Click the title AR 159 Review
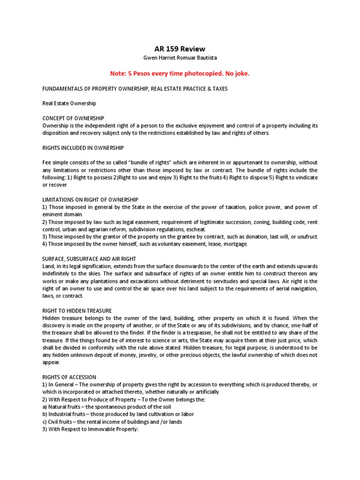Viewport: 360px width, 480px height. point(180,49)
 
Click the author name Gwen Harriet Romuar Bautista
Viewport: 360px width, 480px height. point(180,58)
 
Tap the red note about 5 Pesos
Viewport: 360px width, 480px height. point(180,74)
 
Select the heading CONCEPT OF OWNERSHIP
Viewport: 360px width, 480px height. point(73,118)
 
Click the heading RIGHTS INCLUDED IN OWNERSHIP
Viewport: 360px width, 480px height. point(83,148)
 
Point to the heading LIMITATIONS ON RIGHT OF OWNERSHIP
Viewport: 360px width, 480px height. point(90,200)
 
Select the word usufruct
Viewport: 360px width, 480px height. point(306,237)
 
